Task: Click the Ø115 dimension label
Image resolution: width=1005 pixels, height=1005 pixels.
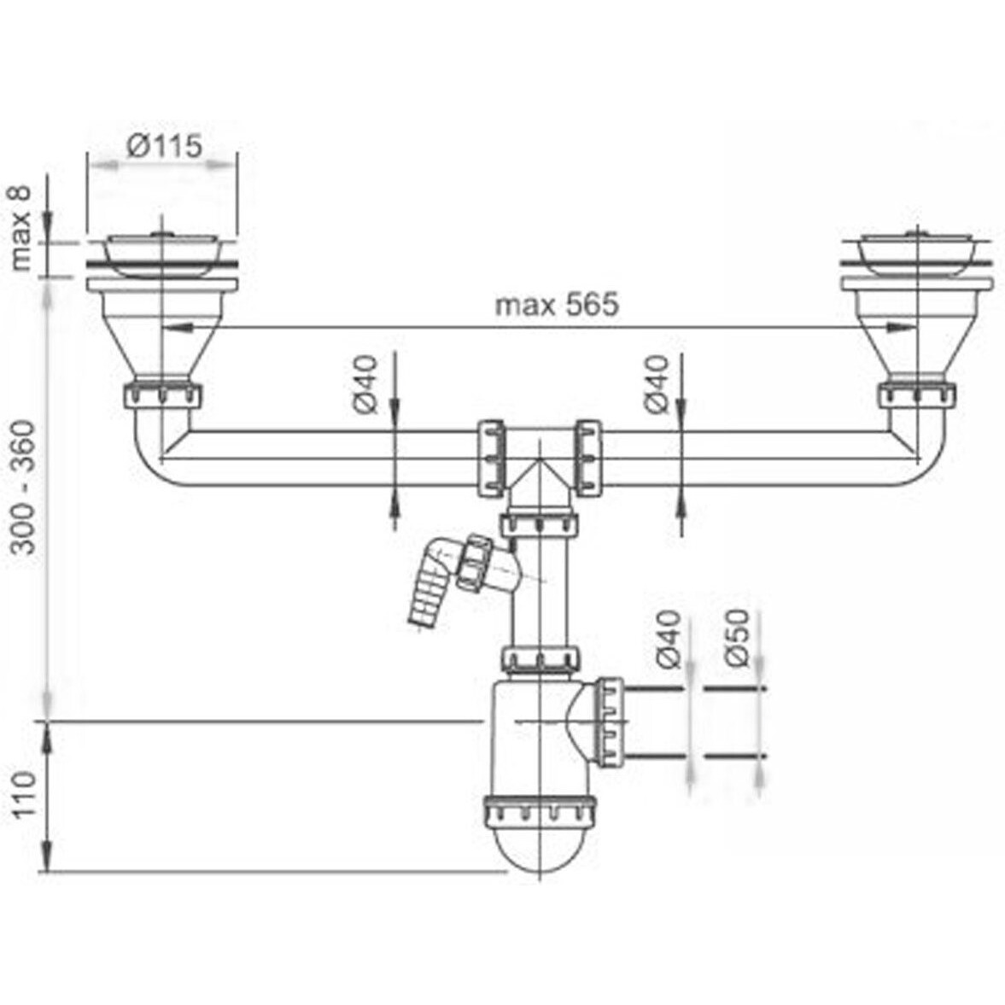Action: point(164,146)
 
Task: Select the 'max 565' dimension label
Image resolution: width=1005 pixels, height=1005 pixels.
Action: point(557,304)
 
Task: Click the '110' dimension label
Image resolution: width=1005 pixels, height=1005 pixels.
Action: point(26,794)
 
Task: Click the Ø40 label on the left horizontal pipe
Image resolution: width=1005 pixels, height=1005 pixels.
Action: point(367,386)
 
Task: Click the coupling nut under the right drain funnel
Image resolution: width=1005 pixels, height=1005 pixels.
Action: point(917,394)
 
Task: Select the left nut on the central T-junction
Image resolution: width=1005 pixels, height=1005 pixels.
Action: point(489,458)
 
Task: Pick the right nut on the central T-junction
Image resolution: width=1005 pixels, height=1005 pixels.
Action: point(587,458)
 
